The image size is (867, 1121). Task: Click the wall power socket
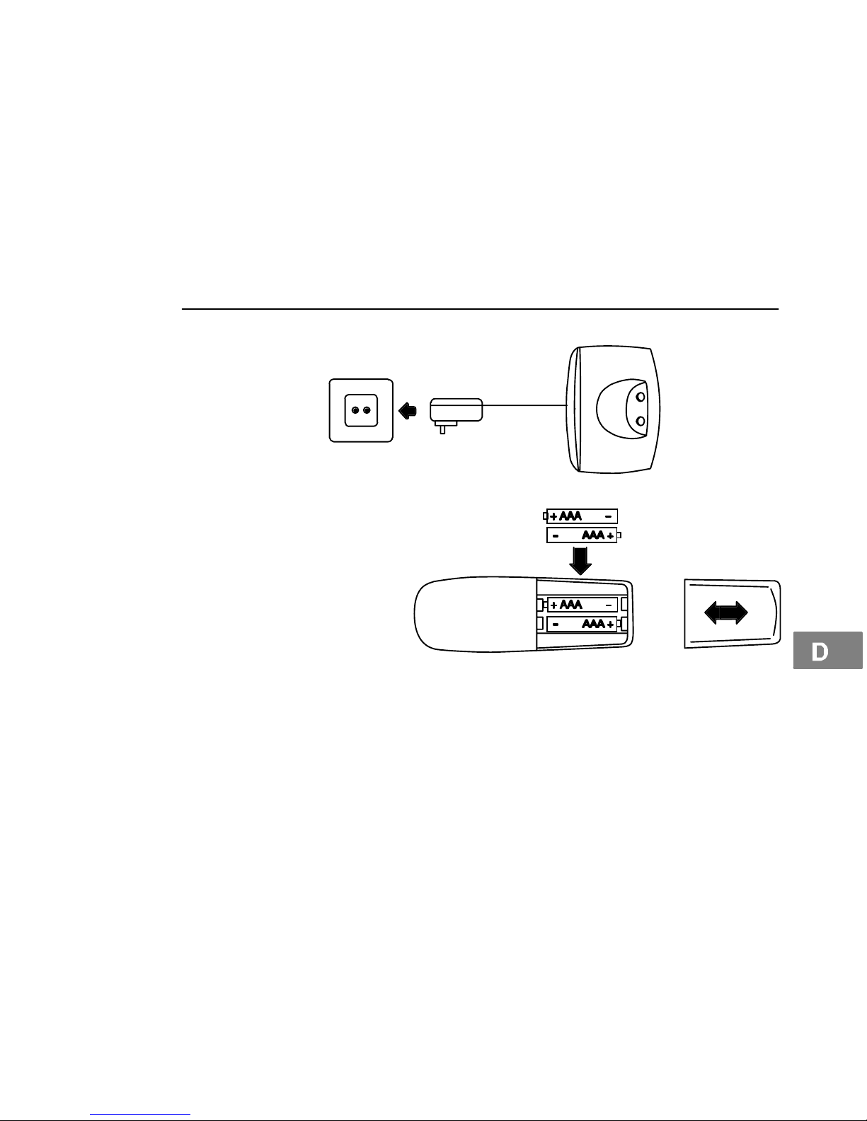(x=361, y=411)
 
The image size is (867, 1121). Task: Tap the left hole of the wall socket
(x=355, y=410)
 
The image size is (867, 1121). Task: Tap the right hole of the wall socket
(x=367, y=410)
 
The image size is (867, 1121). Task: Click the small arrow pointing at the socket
(x=408, y=411)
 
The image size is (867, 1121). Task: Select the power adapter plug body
(x=457, y=410)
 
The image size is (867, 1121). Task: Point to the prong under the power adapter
(x=442, y=428)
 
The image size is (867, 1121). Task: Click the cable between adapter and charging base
(x=525, y=405)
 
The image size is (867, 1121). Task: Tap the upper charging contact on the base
(x=641, y=397)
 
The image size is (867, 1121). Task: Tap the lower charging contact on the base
(x=641, y=422)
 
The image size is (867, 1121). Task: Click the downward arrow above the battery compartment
(x=580, y=561)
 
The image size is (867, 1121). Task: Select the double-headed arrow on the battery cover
(x=725, y=613)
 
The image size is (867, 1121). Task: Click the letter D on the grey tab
(x=820, y=652)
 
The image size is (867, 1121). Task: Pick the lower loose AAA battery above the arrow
(x=584, y=535)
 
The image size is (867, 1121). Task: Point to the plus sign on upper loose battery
(x=553, y=516)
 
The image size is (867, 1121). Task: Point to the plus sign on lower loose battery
(x=611, y=536)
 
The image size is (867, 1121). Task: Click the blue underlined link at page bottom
(x=140, y=1115)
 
